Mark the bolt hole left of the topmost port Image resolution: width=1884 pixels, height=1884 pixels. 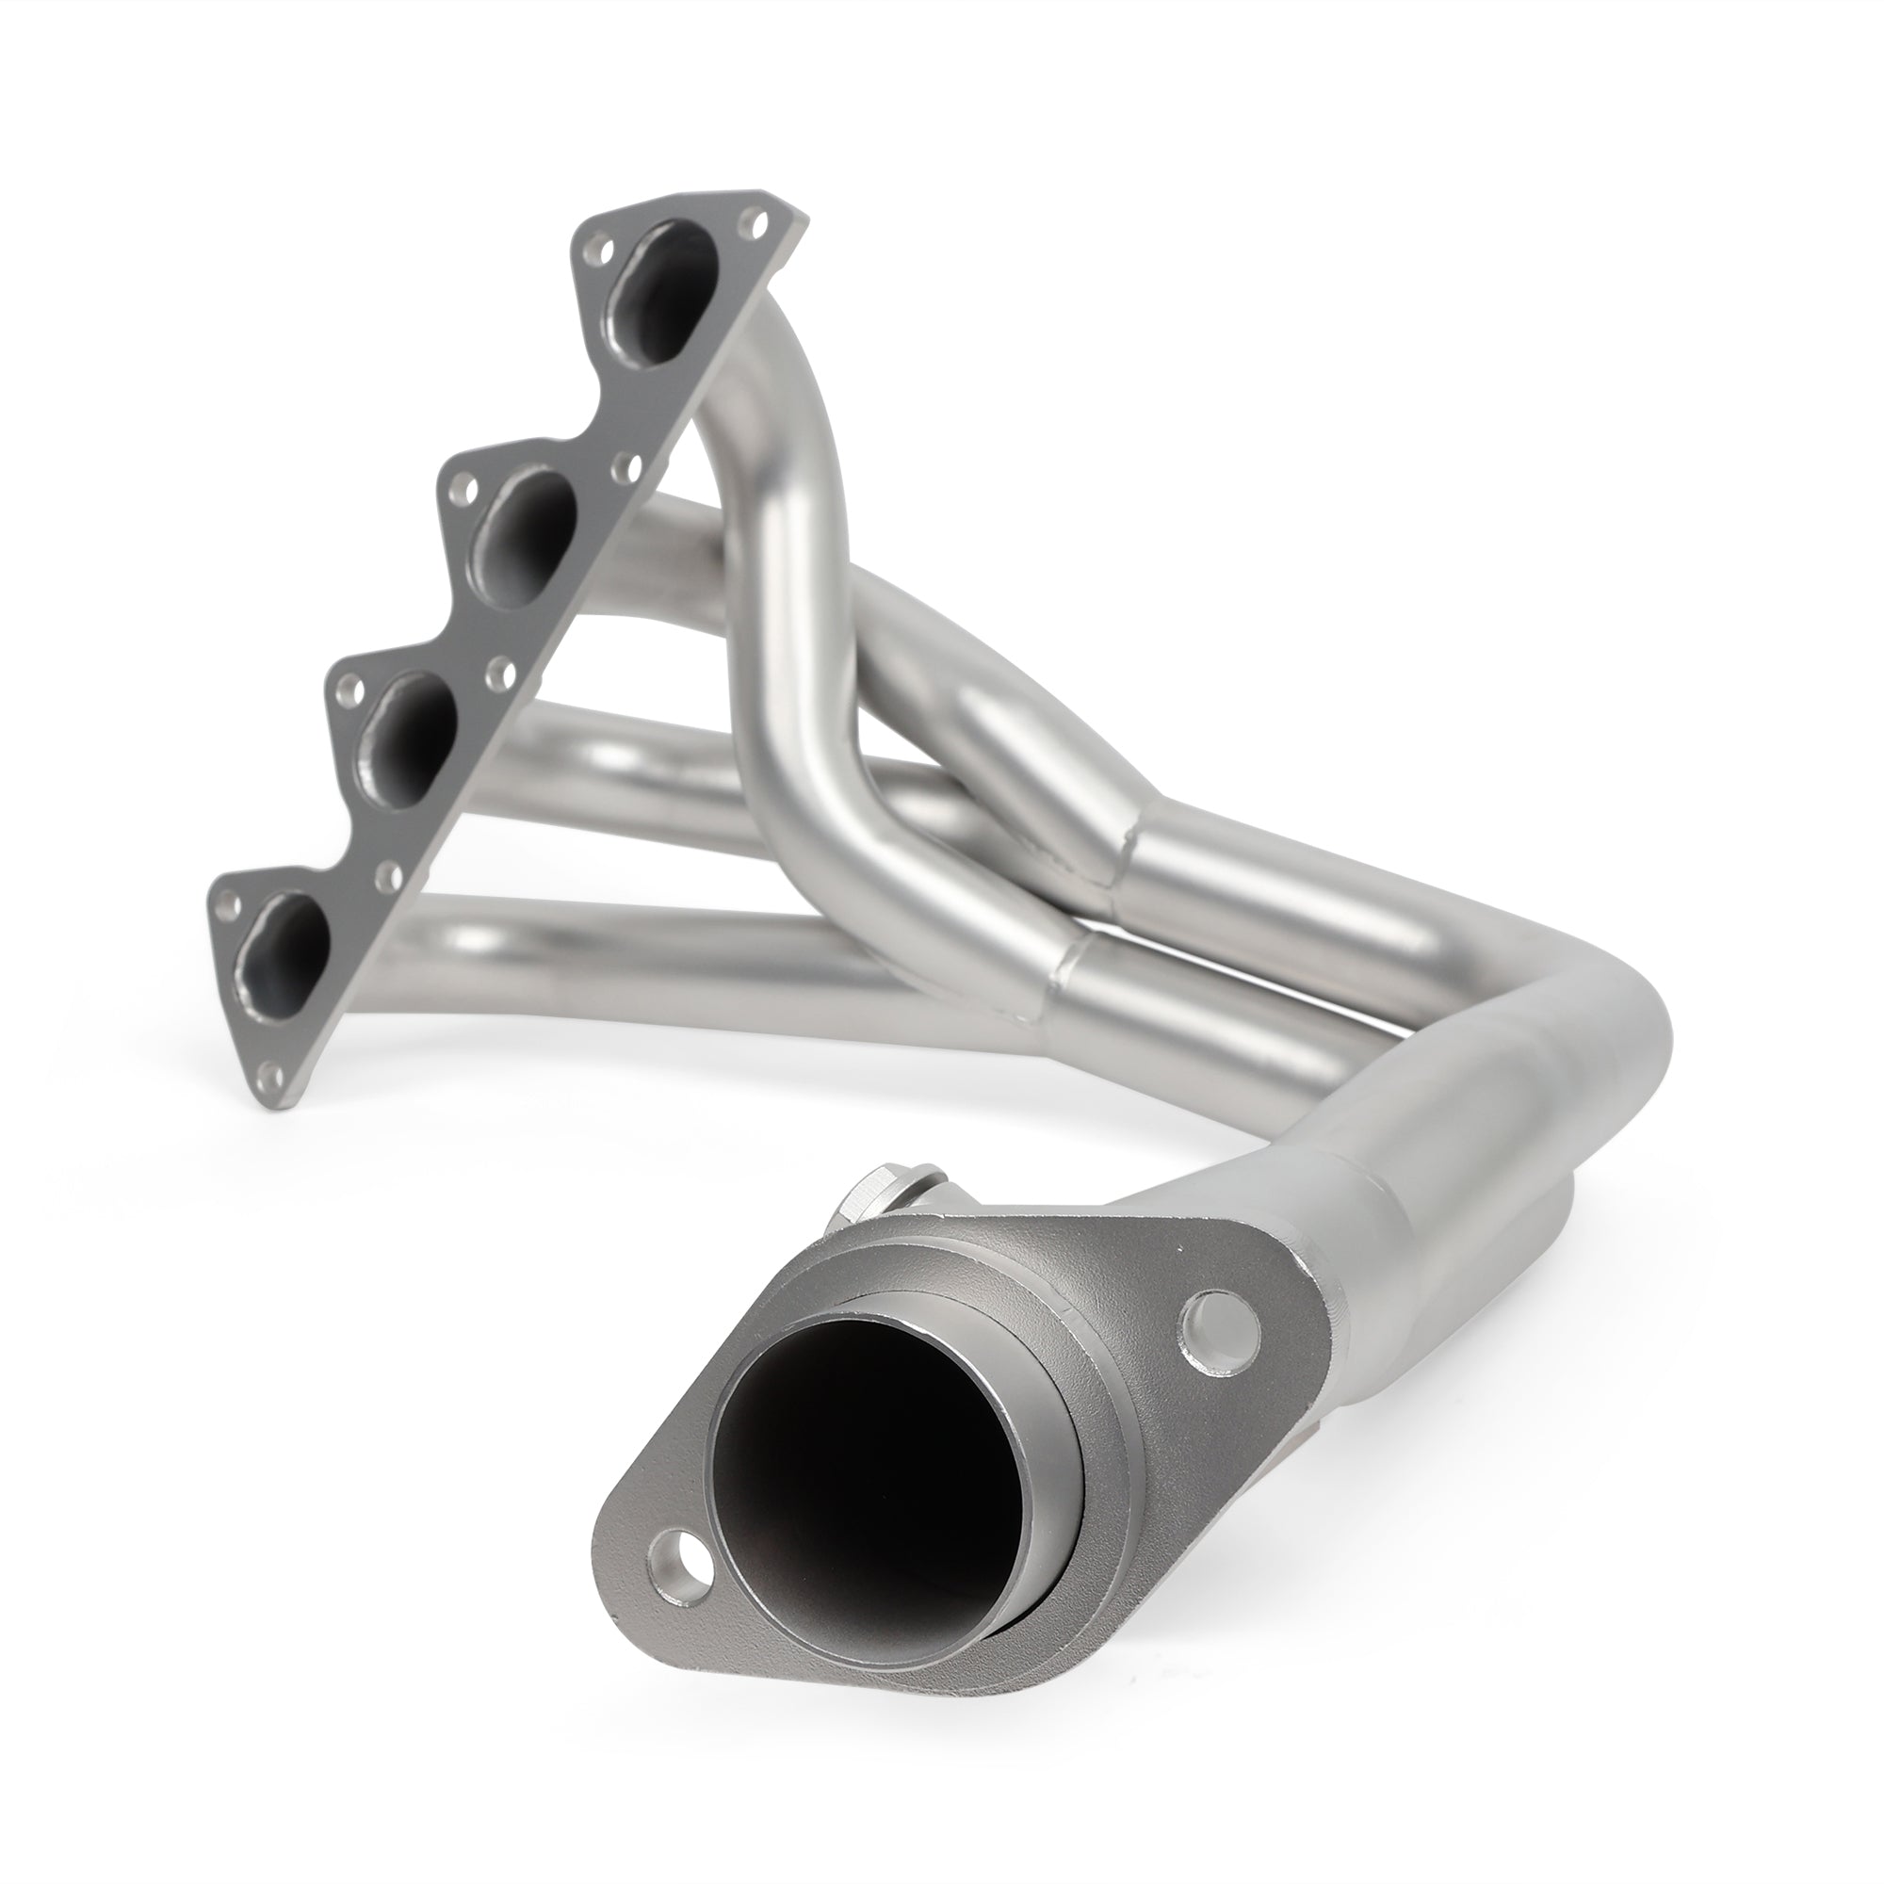point(591,252)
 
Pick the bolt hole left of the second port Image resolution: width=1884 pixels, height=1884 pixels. point(468,484)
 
